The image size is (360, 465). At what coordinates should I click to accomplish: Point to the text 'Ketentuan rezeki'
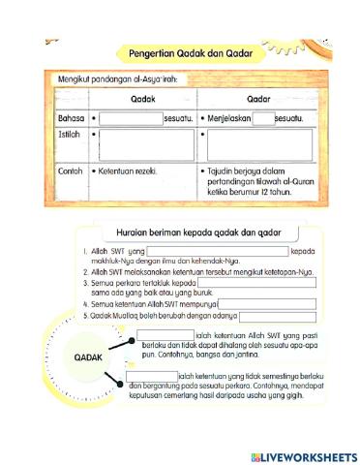point(130,170)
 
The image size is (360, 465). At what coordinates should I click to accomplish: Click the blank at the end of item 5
point(274,316)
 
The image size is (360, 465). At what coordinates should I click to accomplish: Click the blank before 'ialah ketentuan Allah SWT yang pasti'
point(165,334)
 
